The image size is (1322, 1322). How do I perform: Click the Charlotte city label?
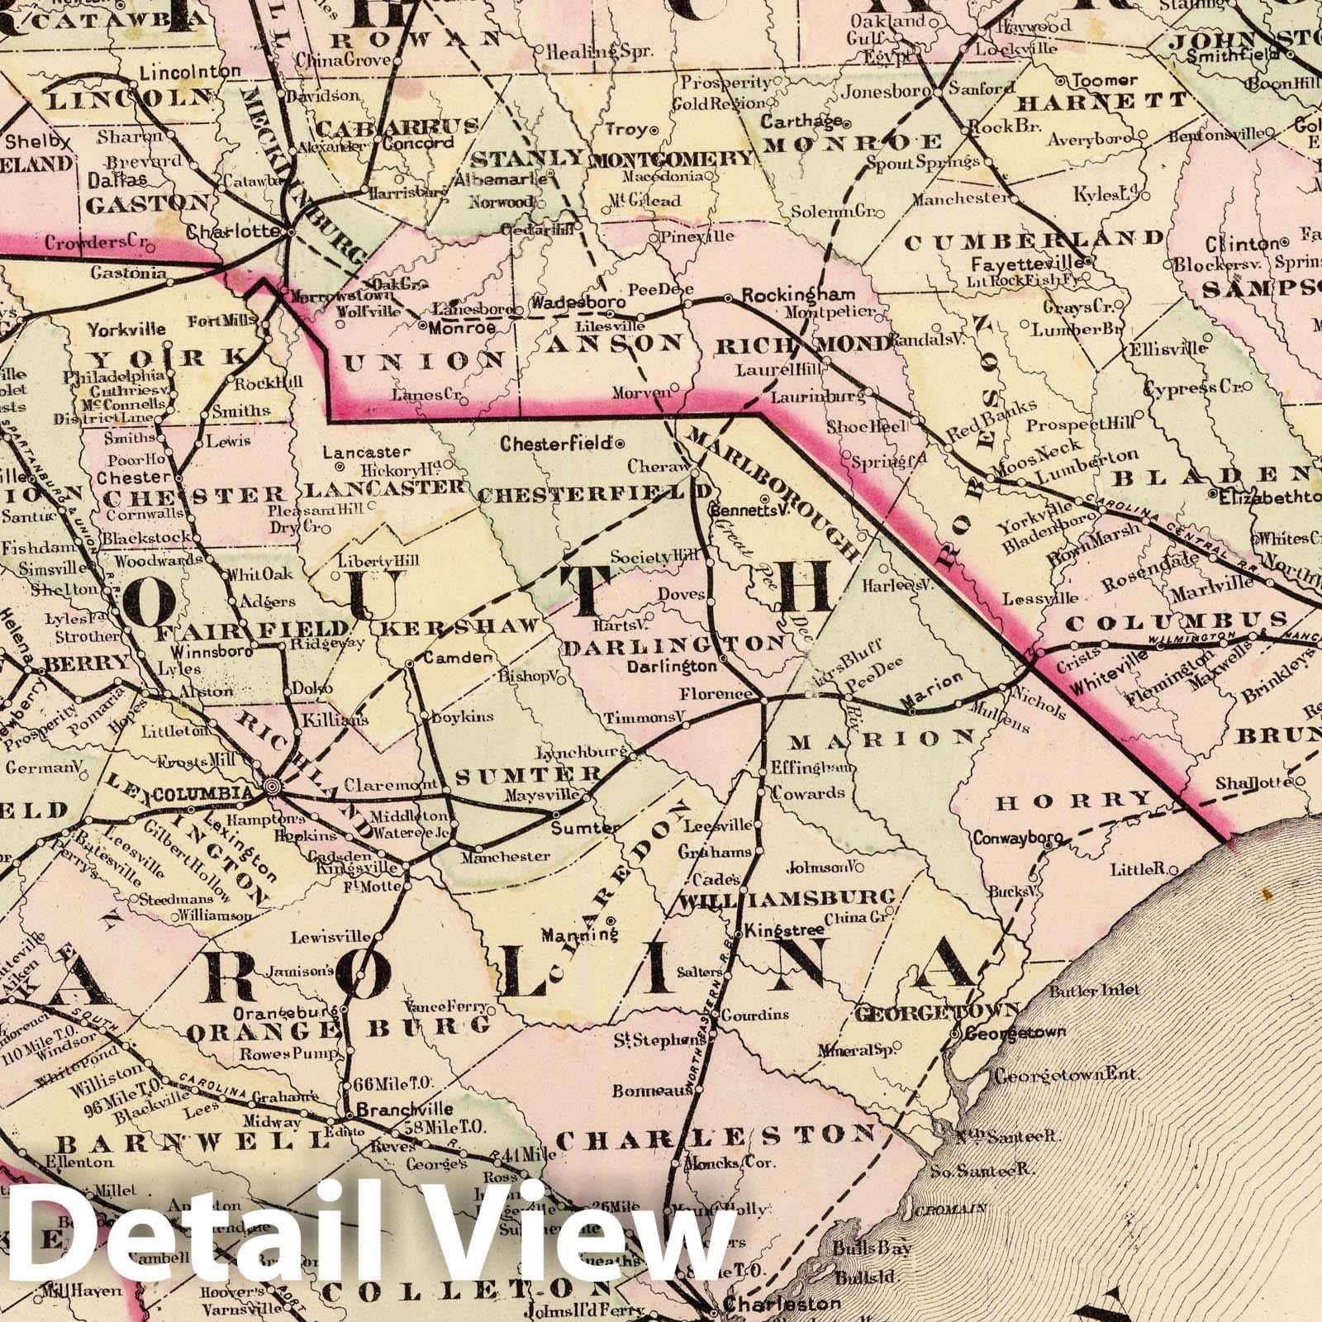click(234, 231)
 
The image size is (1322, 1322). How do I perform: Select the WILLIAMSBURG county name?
click(787, 896)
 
